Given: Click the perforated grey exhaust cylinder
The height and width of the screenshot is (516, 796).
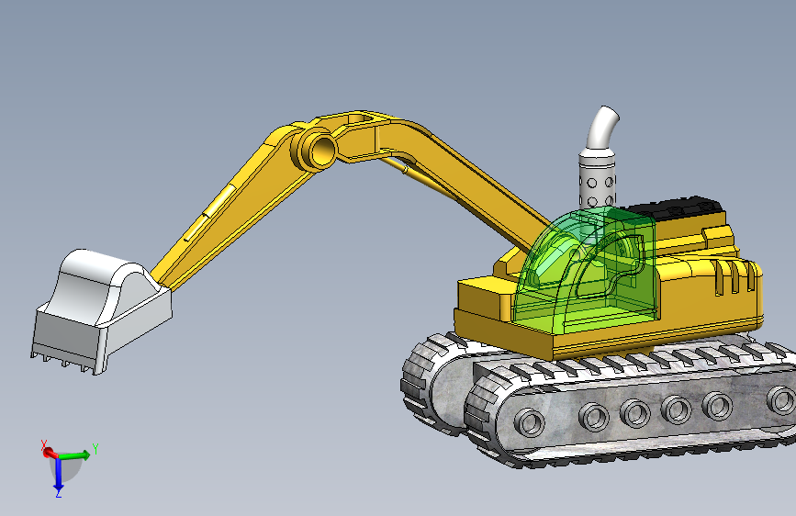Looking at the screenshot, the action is coord(597,178).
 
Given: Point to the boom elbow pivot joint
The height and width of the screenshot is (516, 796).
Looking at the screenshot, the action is coord(316,149).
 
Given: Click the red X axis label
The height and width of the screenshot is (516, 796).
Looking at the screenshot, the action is coord(44,445).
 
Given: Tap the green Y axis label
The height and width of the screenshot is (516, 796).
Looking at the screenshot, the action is coord(95,449).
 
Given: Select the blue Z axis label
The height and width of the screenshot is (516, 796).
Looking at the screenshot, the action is coord(59,493).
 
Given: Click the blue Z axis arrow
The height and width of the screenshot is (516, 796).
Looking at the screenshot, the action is coord(59,474).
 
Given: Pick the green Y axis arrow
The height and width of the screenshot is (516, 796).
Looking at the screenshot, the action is coord(73,455).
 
